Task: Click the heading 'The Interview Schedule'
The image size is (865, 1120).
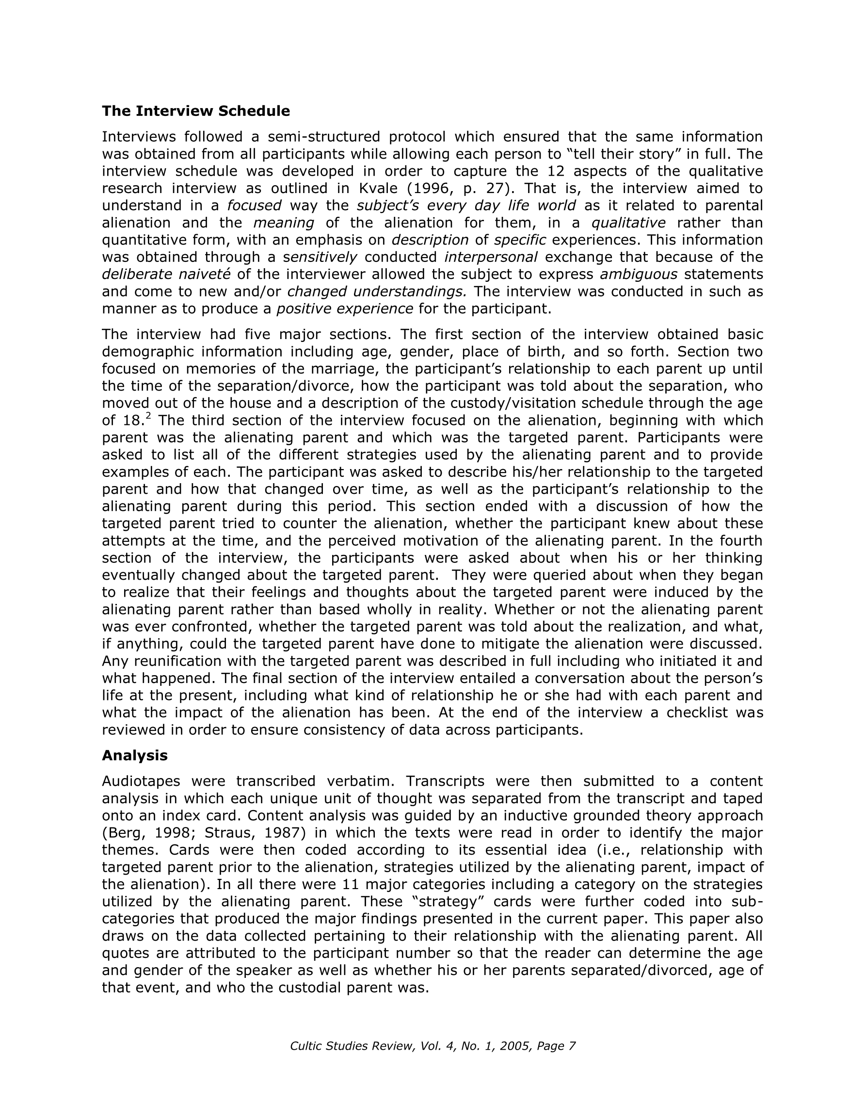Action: pyautogui.click(x=196, y=111)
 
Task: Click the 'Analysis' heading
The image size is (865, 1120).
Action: pyautogui.click(x=135, y=755)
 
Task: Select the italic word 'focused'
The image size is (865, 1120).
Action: pyautogui.click(x=255, y=206)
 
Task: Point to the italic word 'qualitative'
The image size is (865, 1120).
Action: pyautogui.click(x=628, y=223)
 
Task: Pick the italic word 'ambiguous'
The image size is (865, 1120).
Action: pyautogui.click(x=639, y=275)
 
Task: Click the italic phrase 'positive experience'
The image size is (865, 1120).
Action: pyautogui.click(x=345, y=308)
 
